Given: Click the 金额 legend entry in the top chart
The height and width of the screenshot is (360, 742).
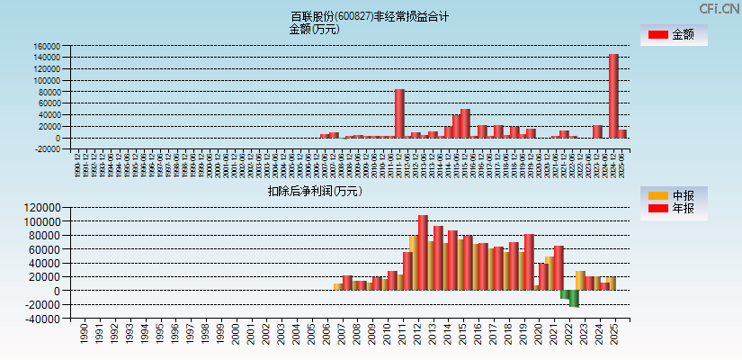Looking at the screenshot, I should coord(673,34).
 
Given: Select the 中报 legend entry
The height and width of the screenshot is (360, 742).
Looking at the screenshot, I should coord(673,195).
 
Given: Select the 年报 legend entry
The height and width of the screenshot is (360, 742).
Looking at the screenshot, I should coord(673,209).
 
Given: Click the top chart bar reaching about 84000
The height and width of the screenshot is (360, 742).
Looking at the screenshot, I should coord(399,113).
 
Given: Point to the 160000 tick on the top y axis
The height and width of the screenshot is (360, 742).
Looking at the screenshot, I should coord(47,46).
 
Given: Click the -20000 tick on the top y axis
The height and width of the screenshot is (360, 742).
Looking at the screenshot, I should coord(47,149).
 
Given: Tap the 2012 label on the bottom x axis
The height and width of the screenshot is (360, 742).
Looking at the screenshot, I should coord(420,335).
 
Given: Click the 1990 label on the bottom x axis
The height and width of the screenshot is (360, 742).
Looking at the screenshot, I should coord(84,335).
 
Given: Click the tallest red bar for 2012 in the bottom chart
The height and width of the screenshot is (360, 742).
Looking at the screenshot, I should coord(423,253).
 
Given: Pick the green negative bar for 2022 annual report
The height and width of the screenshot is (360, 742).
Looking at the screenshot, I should coord(573,299).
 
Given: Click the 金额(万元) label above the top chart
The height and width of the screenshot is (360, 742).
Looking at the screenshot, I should coord(314,29).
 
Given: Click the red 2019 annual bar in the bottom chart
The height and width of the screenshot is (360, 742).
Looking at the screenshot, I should coord(529,262).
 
